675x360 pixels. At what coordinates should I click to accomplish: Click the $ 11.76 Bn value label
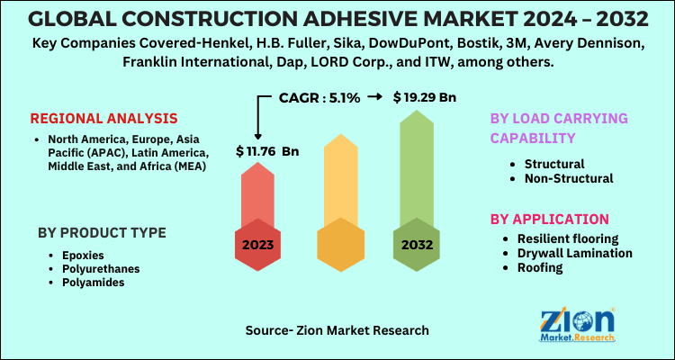(266, 150)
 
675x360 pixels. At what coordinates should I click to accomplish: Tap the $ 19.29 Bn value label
(424, 97)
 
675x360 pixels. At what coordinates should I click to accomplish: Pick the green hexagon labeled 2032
(415, 244)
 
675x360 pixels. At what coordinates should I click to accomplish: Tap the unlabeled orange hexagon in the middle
(337, 244)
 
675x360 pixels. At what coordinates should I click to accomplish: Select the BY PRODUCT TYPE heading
(102, 232)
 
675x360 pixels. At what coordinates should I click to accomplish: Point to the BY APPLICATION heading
(549, 219)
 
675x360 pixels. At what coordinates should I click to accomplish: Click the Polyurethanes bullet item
(99, 268)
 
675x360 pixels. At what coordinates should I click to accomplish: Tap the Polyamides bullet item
(92, 282)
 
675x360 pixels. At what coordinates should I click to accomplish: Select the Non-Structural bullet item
(568, 178)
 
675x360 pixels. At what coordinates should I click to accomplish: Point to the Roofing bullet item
(539, 267)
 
